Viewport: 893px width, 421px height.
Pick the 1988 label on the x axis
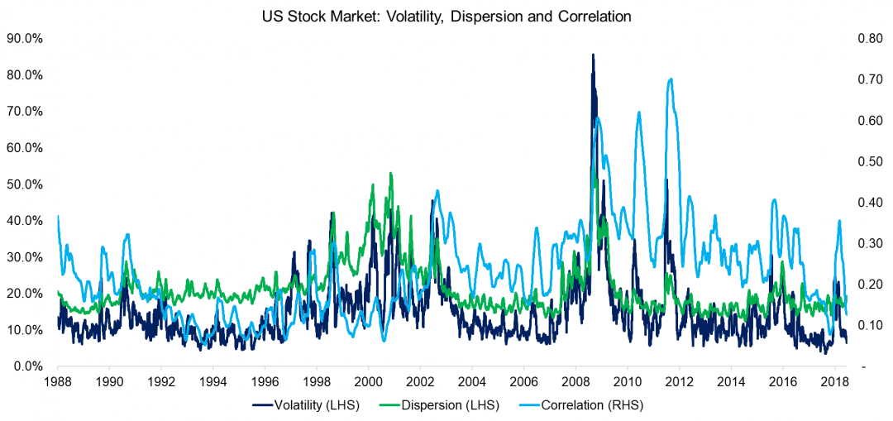(58, 382)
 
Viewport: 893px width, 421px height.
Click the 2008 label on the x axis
(575, 382)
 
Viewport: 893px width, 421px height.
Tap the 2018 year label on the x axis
(834, 382)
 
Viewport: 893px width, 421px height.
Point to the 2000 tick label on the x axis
(368, 382)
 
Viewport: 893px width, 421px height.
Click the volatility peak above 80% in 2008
(592, 55)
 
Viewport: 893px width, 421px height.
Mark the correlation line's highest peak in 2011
(671, 79)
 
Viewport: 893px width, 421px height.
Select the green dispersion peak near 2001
(390, 174)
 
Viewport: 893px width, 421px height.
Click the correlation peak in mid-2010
(638, 112)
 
